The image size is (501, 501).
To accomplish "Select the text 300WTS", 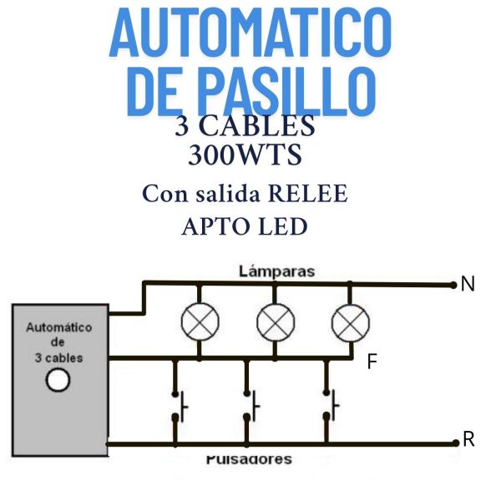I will point(245,155).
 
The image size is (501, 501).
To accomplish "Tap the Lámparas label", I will point(276,271).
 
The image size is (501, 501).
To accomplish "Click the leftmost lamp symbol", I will point(200,321).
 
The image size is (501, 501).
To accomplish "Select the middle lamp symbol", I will point(275,321).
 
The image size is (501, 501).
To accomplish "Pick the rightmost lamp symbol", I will point(350,321).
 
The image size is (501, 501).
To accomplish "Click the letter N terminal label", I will point(468,284).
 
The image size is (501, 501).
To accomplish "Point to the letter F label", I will point(373,362).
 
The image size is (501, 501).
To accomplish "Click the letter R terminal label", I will point(468,440).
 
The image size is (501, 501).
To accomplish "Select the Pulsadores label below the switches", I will point(249,459).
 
